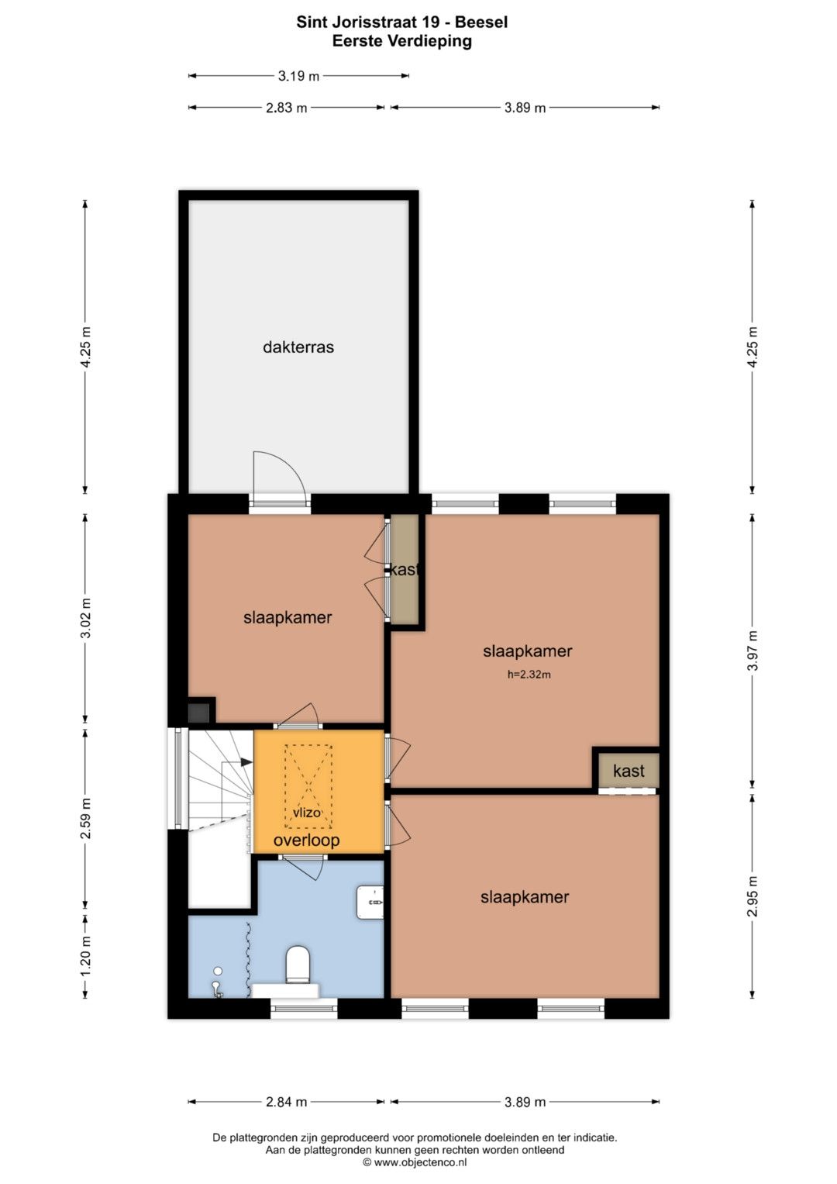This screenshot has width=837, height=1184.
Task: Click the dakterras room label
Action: [298, 347]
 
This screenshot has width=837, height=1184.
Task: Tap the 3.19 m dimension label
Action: [298, 76]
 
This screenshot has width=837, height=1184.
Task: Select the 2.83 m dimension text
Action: [286, 108]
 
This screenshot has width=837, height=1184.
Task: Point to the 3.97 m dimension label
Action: [753, 650]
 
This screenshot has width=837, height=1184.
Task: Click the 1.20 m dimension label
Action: [85, 956]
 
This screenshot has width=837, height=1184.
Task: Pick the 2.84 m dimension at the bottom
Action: [286, 1102]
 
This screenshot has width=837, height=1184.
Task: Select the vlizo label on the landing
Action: [306, 813]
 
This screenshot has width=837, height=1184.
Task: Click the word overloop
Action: [306, 841]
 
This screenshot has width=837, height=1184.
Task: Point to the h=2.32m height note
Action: [529, 675]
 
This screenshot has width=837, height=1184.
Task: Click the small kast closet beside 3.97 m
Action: [629, 770]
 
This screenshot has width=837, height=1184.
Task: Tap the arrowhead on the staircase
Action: [246, 762]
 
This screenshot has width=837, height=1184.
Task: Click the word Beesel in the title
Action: [481, 22]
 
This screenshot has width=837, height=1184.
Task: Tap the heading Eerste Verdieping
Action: [402, 41]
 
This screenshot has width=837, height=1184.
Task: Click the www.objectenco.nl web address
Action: [421, 1162]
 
